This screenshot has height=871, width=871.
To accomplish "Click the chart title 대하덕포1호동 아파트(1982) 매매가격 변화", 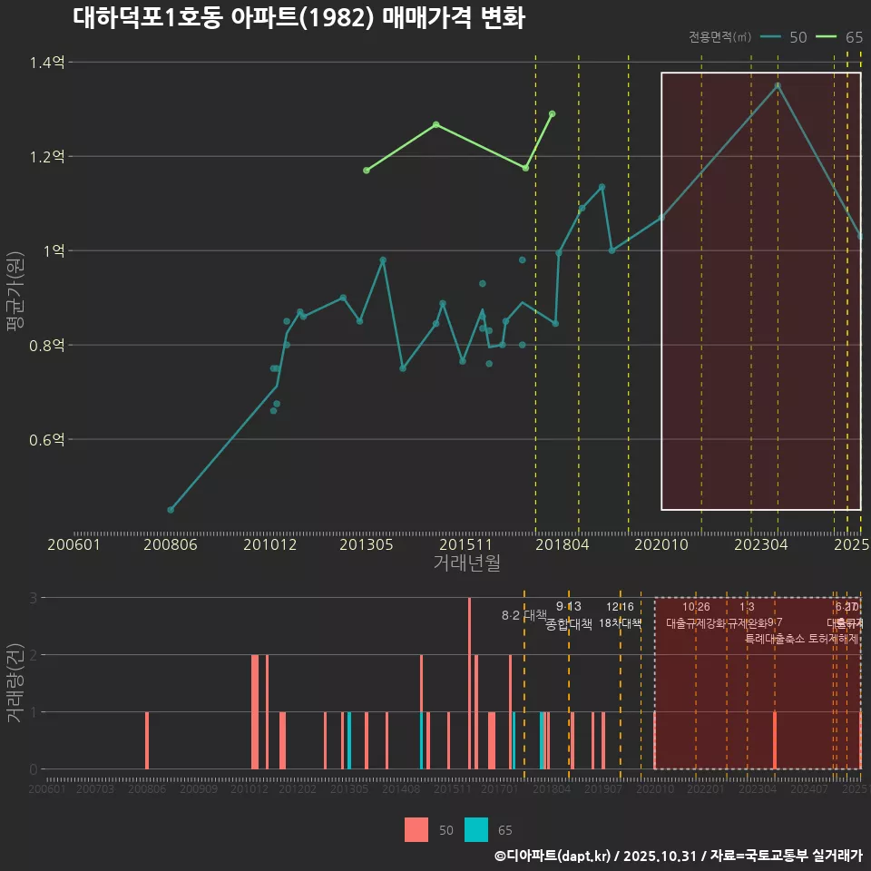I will point(298,18).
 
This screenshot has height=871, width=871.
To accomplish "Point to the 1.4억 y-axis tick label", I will point(46,63).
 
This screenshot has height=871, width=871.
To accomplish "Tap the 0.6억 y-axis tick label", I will point(46,439).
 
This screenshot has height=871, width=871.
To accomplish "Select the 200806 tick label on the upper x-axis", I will point(171,545).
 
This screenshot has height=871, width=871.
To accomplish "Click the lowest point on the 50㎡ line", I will point(171,510).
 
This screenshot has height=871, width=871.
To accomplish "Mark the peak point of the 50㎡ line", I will point(778,86).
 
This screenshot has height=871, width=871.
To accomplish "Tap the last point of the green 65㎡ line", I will point(552,114).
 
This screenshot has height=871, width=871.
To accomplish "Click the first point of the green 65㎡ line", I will point(367,171).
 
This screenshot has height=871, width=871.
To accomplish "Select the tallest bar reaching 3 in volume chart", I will point(469,683).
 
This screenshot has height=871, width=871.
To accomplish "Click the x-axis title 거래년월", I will point(466,563).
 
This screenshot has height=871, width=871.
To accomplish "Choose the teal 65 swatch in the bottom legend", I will point(476,829).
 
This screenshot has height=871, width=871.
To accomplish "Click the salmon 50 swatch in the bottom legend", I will point(416,829).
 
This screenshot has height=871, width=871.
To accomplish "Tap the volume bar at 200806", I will point(147,740).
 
